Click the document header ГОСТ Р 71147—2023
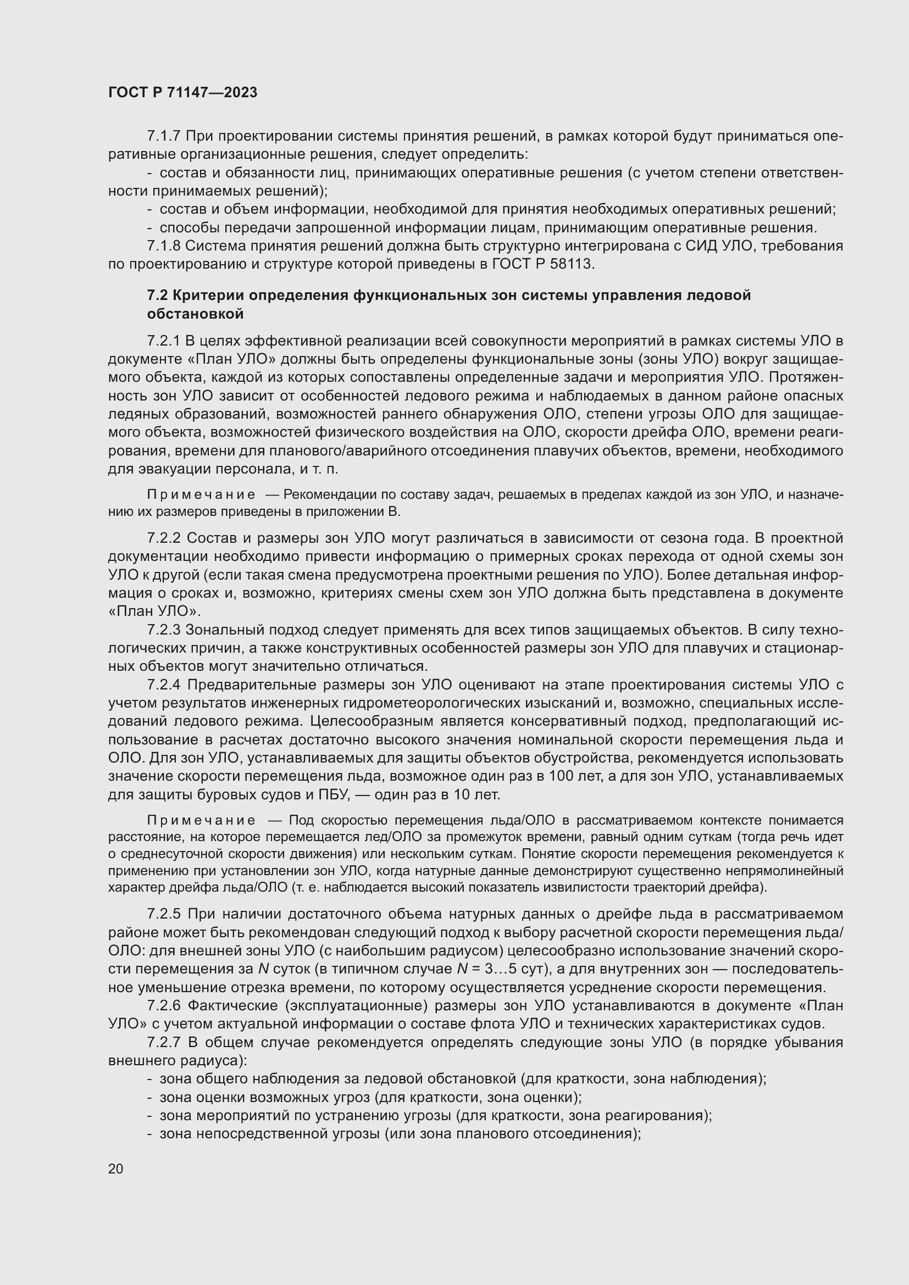tap(182, 92)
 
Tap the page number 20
tap(115, 1168)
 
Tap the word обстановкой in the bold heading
tap(195, 314)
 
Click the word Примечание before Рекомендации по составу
tap(201, 495)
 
